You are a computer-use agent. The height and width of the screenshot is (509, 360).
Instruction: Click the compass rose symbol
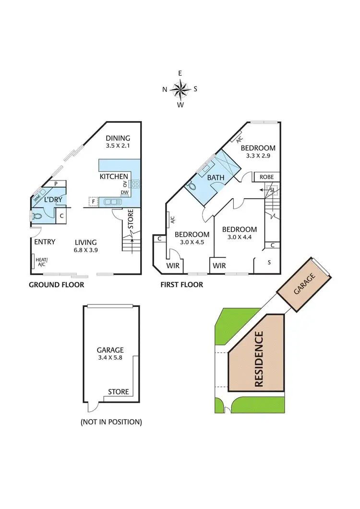click(x=180, y=89)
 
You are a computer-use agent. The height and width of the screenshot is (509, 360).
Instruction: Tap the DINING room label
click(x=118, y=138)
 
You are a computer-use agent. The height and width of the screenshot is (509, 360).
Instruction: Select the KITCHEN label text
click(x=114, y=177)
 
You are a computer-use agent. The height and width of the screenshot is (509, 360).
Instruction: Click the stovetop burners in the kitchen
click(x=135, y=183)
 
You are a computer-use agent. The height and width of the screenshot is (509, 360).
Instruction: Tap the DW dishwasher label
click(x=124, y=193)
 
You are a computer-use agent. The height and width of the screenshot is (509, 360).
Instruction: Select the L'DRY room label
click(x=51, y=199)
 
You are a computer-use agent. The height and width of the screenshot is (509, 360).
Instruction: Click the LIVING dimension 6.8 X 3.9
click(x=85, y=251)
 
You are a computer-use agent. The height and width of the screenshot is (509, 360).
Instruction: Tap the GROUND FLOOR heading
click(x=57, y=285)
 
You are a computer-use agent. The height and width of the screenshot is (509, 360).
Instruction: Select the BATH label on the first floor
click(x=216, y=178)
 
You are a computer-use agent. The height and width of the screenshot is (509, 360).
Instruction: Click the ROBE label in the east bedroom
click(x=266, y=177)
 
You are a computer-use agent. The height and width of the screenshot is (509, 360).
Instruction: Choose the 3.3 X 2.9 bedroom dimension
click(x=258, y=156)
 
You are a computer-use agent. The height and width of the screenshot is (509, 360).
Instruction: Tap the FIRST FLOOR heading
click(x=182, y=285)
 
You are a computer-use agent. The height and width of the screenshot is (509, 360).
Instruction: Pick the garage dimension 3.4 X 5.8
click(x=110, y=358)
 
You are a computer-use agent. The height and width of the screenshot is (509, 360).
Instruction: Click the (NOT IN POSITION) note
click(x=111, y=422)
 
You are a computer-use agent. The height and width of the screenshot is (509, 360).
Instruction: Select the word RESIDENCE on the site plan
click(x=259, y=359)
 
